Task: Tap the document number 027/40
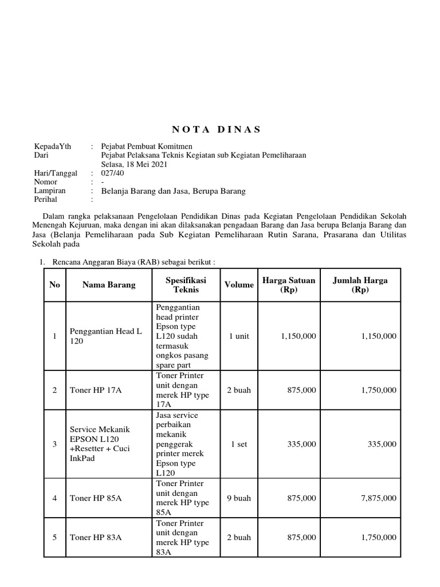112,173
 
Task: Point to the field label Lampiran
50,191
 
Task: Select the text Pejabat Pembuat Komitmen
147,146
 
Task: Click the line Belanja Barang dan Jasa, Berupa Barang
173,191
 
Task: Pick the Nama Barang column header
109,285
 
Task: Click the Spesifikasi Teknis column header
186,285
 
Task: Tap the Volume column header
239,285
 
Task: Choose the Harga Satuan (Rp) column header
289,285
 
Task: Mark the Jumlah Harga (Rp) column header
360,285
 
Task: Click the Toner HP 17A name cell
96,390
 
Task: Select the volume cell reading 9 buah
239,498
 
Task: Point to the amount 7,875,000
378,498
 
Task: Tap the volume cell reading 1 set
239,444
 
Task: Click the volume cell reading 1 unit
239,336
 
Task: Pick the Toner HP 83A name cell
96,538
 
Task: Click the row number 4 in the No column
54,498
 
